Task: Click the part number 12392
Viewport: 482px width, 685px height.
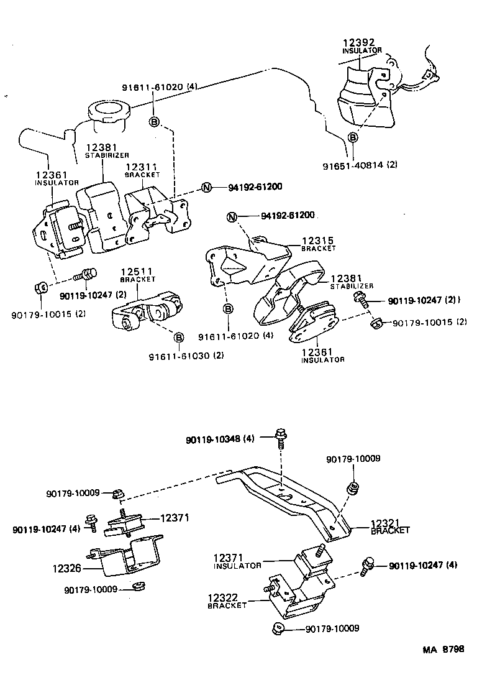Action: [x=358, y=43]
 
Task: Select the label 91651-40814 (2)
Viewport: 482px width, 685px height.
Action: [x=360, y=165]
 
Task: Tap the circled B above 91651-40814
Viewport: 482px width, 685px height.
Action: [x=352, y=137]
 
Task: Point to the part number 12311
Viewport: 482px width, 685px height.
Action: [x=142, y=167]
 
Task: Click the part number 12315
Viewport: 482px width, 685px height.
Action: [x=317, y=240]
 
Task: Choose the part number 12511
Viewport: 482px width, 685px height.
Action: [x=137, y=272]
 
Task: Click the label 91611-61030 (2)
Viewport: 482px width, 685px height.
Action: [x=186, y=356]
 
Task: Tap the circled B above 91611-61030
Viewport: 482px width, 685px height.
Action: [x=178, y=338]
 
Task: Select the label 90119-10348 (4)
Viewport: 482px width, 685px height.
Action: [x=220, y=439]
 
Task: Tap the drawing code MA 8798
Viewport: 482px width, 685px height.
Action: [x=443, y=650]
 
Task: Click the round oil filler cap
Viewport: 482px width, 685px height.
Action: [x=109, y=113]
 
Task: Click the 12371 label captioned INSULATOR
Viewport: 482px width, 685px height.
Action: [x=229, y=558]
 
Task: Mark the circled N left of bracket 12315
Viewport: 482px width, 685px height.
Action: [x=232, y=216]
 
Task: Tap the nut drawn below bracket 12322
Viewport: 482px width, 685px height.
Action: [x=277, y=628]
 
